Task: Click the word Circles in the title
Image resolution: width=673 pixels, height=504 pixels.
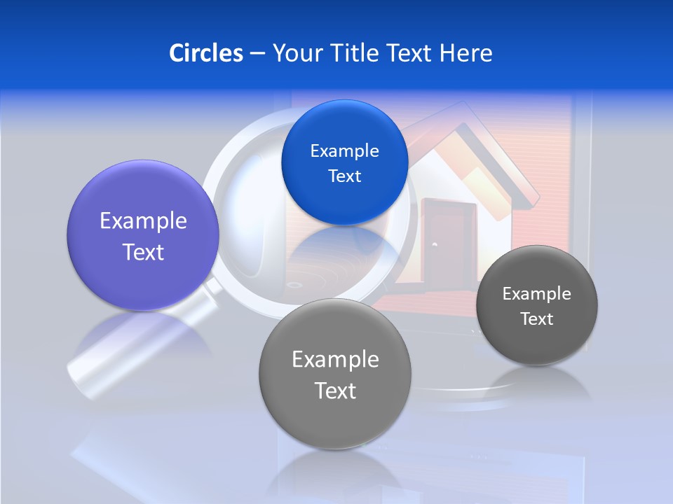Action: [205, 53]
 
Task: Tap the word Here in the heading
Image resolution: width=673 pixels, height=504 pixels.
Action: [465, 53]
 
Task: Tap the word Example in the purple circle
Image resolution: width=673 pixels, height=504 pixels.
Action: [143, 221]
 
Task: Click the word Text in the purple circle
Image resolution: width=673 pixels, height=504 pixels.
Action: [143, 252]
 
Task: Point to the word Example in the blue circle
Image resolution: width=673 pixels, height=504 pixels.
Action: [344, 151]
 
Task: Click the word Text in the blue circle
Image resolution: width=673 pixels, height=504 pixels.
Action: [344, 176]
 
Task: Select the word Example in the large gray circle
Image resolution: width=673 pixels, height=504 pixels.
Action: [335, 360]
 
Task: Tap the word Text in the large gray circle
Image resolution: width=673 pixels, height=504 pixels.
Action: [335, 391]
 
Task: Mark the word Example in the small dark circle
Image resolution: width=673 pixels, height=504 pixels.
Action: [537, 294]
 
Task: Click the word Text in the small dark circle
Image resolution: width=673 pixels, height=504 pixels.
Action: [537, 319]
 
